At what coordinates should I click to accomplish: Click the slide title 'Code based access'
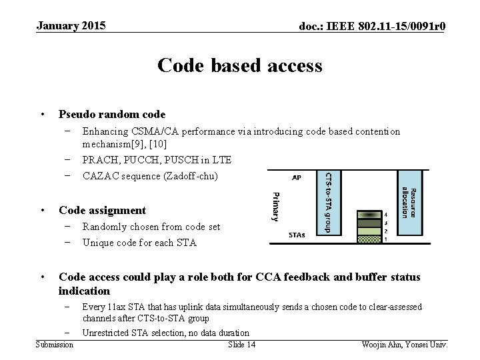[239, 65]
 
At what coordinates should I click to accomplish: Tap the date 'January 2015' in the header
[71, 26]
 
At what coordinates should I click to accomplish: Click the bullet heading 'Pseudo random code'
[112, 115]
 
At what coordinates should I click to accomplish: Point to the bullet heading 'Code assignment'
[102, 210]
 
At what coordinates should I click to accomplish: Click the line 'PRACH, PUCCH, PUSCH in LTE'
[157, 160]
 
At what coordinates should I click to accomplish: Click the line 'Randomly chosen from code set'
[151, 227]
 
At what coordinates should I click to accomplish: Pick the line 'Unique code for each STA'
[139, 243]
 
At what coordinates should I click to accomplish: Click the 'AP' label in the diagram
[296, 178]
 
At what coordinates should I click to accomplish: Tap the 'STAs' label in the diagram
[297, 235]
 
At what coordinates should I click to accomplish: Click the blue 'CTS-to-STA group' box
[331, 203]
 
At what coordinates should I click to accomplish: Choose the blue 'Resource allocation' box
[411, 203]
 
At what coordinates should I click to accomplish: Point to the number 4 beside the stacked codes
[385, 215]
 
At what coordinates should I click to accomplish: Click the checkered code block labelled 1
[369, 239]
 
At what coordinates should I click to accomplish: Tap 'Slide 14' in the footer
[241, 344]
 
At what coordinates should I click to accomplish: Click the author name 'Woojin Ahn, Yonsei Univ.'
[404, 344]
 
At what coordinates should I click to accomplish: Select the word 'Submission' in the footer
[55, 344]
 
